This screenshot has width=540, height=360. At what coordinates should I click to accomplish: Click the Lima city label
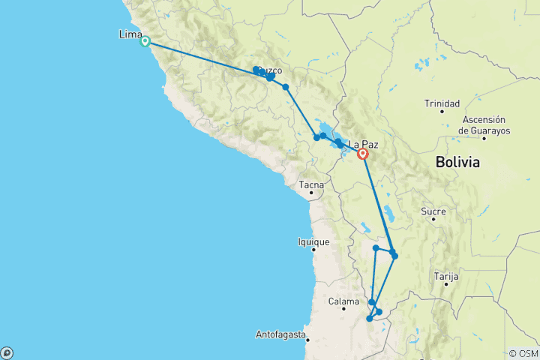click(x=130, y=34)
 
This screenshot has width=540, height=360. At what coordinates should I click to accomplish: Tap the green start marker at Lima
click(x=145, y=42)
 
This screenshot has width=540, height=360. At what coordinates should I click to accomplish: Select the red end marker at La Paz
click(x=363, y=154)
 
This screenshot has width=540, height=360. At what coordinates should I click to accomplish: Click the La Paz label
click(x=363, y=142)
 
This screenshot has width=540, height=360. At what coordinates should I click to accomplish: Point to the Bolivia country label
click(x=457, y=162)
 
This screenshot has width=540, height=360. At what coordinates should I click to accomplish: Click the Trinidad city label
click(x=442, y=103)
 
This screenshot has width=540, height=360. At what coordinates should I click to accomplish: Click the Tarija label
click(x=446, y=276)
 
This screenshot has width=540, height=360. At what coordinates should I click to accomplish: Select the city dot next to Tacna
click(x=310, y=193)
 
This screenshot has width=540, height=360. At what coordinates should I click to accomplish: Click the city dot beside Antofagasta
click(x=306, y=337)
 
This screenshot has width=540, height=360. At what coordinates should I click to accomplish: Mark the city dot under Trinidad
click(x=442, y=112)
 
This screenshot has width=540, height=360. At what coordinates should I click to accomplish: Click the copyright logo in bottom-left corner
click(x=7, y=352)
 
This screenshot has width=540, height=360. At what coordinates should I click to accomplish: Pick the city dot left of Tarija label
click(x=446, y=284)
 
